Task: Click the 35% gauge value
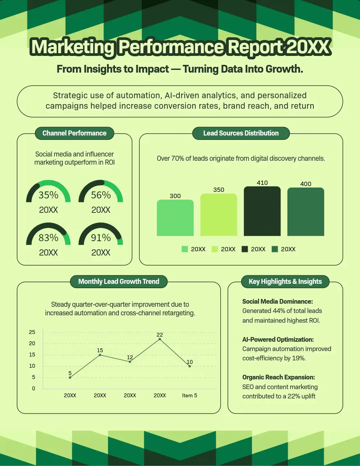(x=48, y=195)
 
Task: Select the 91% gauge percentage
(x=101, y=238)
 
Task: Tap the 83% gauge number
(x=48, y=238)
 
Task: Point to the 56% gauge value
(x=101, y=195)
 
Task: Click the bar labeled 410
(x=262, y=211)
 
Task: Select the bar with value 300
(x=175, y=218)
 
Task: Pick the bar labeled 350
(x=219, y=215)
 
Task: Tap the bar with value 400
(x=306, y=212)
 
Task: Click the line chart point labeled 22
(x=160, y=339)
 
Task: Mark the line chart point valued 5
(x=70, y=377)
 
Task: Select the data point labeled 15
(x=100, y=355)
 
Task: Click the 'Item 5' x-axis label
(x=190, y=395)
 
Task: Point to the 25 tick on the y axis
(x=32, y=332)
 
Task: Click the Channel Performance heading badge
(x=74, y=133)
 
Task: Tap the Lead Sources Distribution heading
(x=241, y=133)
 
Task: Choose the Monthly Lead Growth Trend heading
(x=118, y=282)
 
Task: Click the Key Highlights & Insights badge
(x=285, y=282)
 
